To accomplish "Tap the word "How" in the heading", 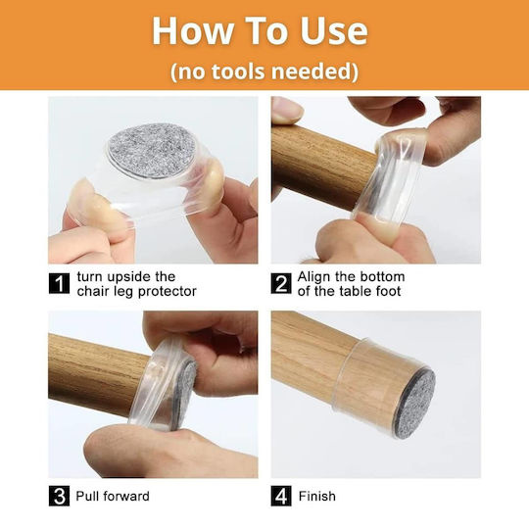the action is [x=192, y=30].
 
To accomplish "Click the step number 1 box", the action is [x=60, y=283].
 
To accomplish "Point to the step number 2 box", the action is [x=281, y=283].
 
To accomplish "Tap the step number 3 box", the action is [x=60, y=496].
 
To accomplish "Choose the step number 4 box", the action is [x=281, y=496].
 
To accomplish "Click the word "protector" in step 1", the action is [x=168, y=292].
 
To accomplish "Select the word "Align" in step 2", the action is [x=313, y=277].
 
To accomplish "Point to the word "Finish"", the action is [x=317, y=497].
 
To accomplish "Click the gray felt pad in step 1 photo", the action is [x=153, y=151].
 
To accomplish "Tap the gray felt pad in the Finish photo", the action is [x=414, y=405].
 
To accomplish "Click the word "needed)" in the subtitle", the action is [x=314, y=72].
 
